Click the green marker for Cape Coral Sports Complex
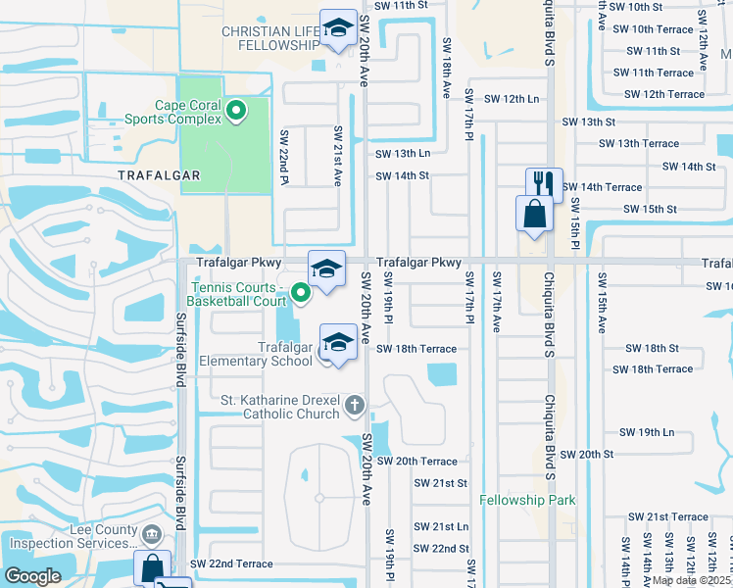(236, 110)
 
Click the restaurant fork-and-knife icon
(544, 184)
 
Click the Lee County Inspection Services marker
(151, 535)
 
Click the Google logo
(32, 575)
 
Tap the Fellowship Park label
(527, 501)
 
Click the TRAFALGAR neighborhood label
(159, 174)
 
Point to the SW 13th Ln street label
(403, 154)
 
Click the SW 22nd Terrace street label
(231, 564)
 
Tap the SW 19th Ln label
(647, 432)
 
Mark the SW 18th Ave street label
(446, 69)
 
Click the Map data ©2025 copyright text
(690, 580)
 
